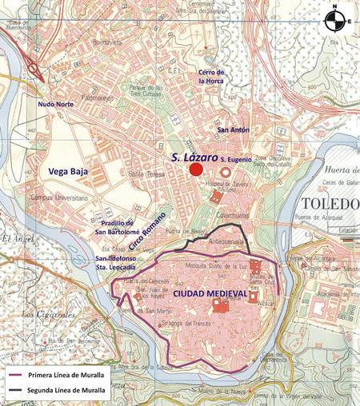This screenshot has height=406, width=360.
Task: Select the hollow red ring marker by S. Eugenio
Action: (x=226, y=172)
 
